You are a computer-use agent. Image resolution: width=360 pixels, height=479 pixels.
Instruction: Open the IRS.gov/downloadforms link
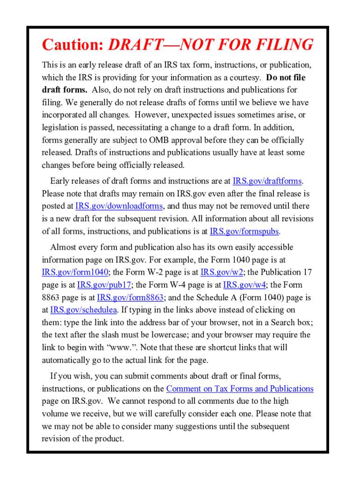tap(119, 206)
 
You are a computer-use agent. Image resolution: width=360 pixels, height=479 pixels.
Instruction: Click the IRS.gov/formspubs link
tap(245, 231)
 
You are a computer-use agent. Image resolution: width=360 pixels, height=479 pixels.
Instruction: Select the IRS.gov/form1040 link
tap(75, 272)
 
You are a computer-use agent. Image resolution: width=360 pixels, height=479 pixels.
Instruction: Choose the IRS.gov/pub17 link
tap(104, 285)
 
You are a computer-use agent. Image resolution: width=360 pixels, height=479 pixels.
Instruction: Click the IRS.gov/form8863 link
tap(130, 298)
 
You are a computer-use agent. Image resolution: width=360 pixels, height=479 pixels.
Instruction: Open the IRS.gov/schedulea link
tap(84, 310)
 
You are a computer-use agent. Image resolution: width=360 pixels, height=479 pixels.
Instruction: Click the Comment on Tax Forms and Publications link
tap(240, 389)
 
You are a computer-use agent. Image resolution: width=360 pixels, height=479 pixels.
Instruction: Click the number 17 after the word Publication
tap(307, 272)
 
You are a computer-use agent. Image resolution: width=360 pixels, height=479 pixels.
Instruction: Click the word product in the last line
tap(110, 439)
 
